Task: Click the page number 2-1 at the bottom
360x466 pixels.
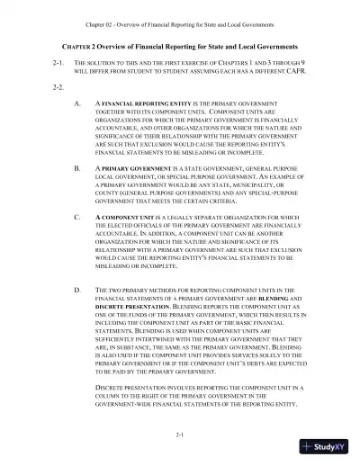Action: click(180, 435)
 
